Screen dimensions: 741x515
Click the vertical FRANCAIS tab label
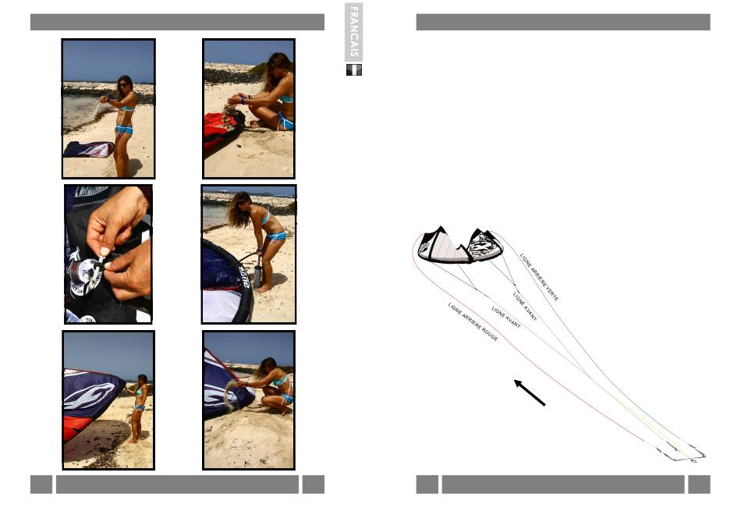353,32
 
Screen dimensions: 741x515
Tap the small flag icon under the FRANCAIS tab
354,70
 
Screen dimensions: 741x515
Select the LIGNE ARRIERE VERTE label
539,277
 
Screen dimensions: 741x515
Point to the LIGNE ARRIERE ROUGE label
473,322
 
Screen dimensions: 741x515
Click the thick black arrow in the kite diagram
530,392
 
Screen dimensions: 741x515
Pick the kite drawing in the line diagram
461,244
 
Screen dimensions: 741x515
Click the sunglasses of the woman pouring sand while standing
123,85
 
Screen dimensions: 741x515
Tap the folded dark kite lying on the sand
88,149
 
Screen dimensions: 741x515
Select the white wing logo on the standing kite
90,396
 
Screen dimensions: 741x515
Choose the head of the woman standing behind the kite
142,379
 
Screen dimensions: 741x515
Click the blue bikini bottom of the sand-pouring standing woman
124,130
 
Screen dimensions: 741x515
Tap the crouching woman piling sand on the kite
271,385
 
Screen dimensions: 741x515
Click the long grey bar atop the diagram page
563,22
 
